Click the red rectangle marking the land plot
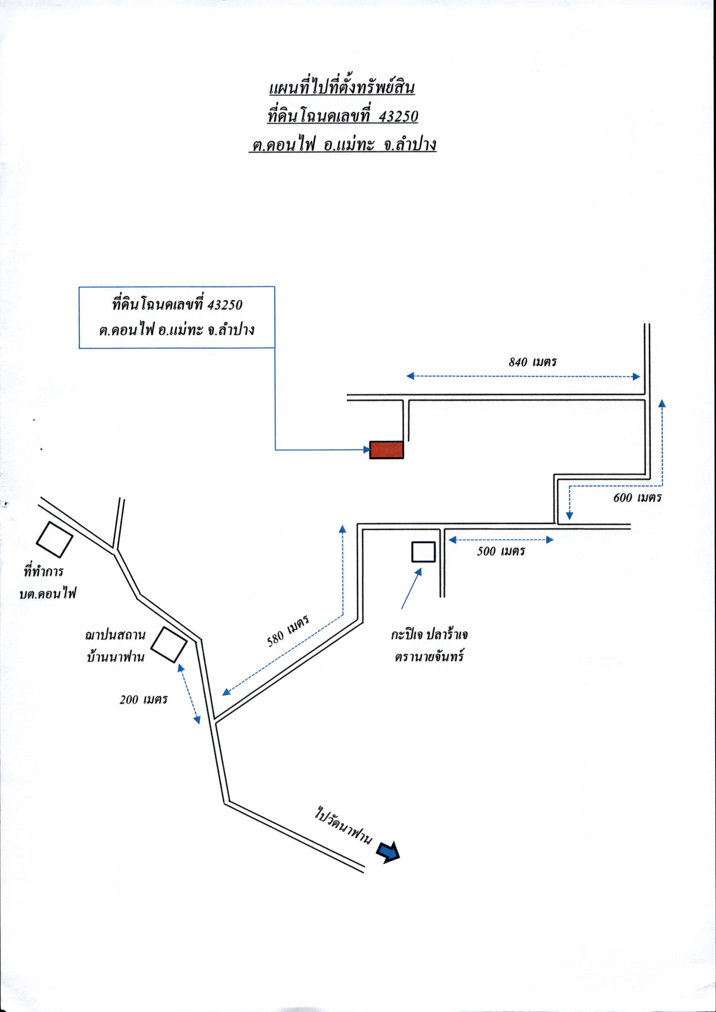(387, 450)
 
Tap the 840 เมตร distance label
(533, 362)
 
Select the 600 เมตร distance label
(637, 498)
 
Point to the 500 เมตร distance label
(501, 551)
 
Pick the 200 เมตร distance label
(144, 700)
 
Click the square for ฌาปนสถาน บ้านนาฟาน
(169, 644)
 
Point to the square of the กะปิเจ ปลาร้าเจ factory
(424, 552)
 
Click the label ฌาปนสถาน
(115, 635)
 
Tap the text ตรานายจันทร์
(430, 657)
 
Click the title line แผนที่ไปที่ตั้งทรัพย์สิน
(342, 88)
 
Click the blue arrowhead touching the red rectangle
(367, 449)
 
